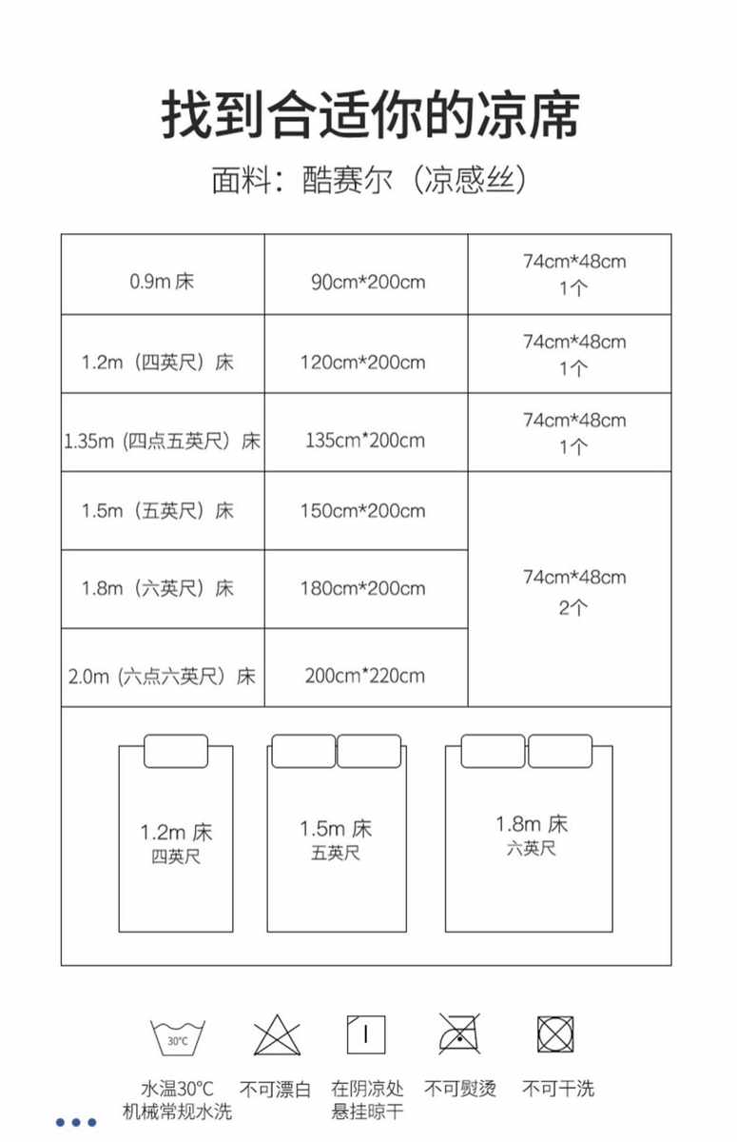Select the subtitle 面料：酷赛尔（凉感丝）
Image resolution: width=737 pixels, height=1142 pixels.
coord(369,180)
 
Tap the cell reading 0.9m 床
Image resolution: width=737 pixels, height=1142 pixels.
coord(162,282)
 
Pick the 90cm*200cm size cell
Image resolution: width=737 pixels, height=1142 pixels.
coord(367,282)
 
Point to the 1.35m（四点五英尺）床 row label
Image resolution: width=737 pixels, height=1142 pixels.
coord(162,441)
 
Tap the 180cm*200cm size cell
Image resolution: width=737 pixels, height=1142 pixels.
coord(362,588)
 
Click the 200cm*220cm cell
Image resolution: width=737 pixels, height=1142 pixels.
coord(365,676)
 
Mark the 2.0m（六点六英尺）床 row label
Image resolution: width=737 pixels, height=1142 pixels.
coord(162,677)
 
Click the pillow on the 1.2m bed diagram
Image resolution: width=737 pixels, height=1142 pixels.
coord(175,751)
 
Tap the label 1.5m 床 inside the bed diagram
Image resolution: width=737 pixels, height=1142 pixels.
coord(336,828)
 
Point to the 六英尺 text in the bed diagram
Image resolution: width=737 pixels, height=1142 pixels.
coord(531,848)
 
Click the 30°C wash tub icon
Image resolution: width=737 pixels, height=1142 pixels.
coord(177,1037)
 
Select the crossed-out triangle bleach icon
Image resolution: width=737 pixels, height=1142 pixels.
coord(277,1035)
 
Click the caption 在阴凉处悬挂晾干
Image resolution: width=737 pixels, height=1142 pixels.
coord(368,1099)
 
